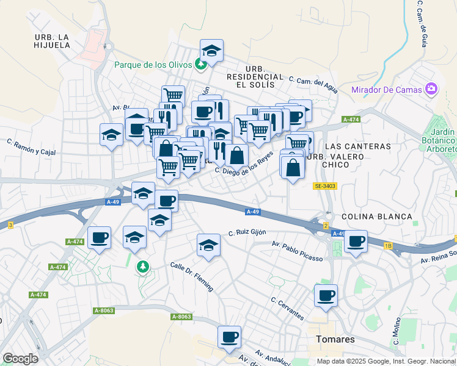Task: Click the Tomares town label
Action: pyautogui.click(x=335, y=339)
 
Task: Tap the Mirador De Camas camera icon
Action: pyautogui.click(x=431, y=89)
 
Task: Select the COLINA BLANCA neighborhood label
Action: pyautogui.click(x=377, y=217)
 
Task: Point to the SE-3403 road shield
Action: pyautogui.click(x=326, y=185)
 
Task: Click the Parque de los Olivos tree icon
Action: pyautogui.click(x=200, y=64)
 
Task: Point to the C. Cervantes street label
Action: pyautogui.click(x=287, y=309)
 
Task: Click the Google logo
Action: pyautogui.click(x=20, y=359)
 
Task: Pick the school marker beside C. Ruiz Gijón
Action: pyautogui.click(x=209, y=245)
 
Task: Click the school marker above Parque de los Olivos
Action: pyautogui.click(x=211, y=51)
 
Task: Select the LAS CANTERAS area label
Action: pyautogui.click(x=357, y=146)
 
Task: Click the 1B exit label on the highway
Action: pyautogui.click(x=388, y=245)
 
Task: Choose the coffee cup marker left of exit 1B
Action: pyautogui.click(x=355, y=242)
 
